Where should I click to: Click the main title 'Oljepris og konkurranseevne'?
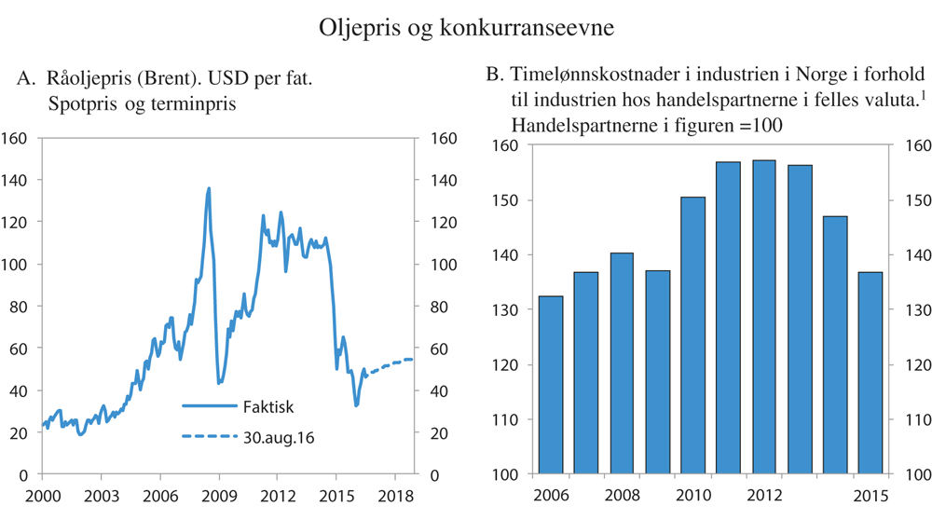[466, 28]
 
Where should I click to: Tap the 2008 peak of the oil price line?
[208, 188]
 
